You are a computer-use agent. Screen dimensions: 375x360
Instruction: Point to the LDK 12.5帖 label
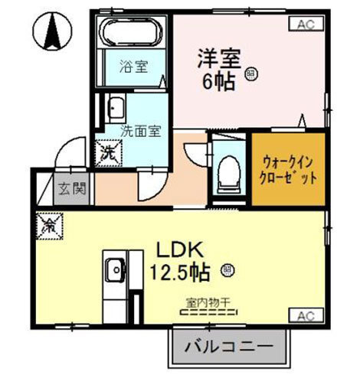(181, 261)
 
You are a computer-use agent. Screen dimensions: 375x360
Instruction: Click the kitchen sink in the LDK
(115, 269)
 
